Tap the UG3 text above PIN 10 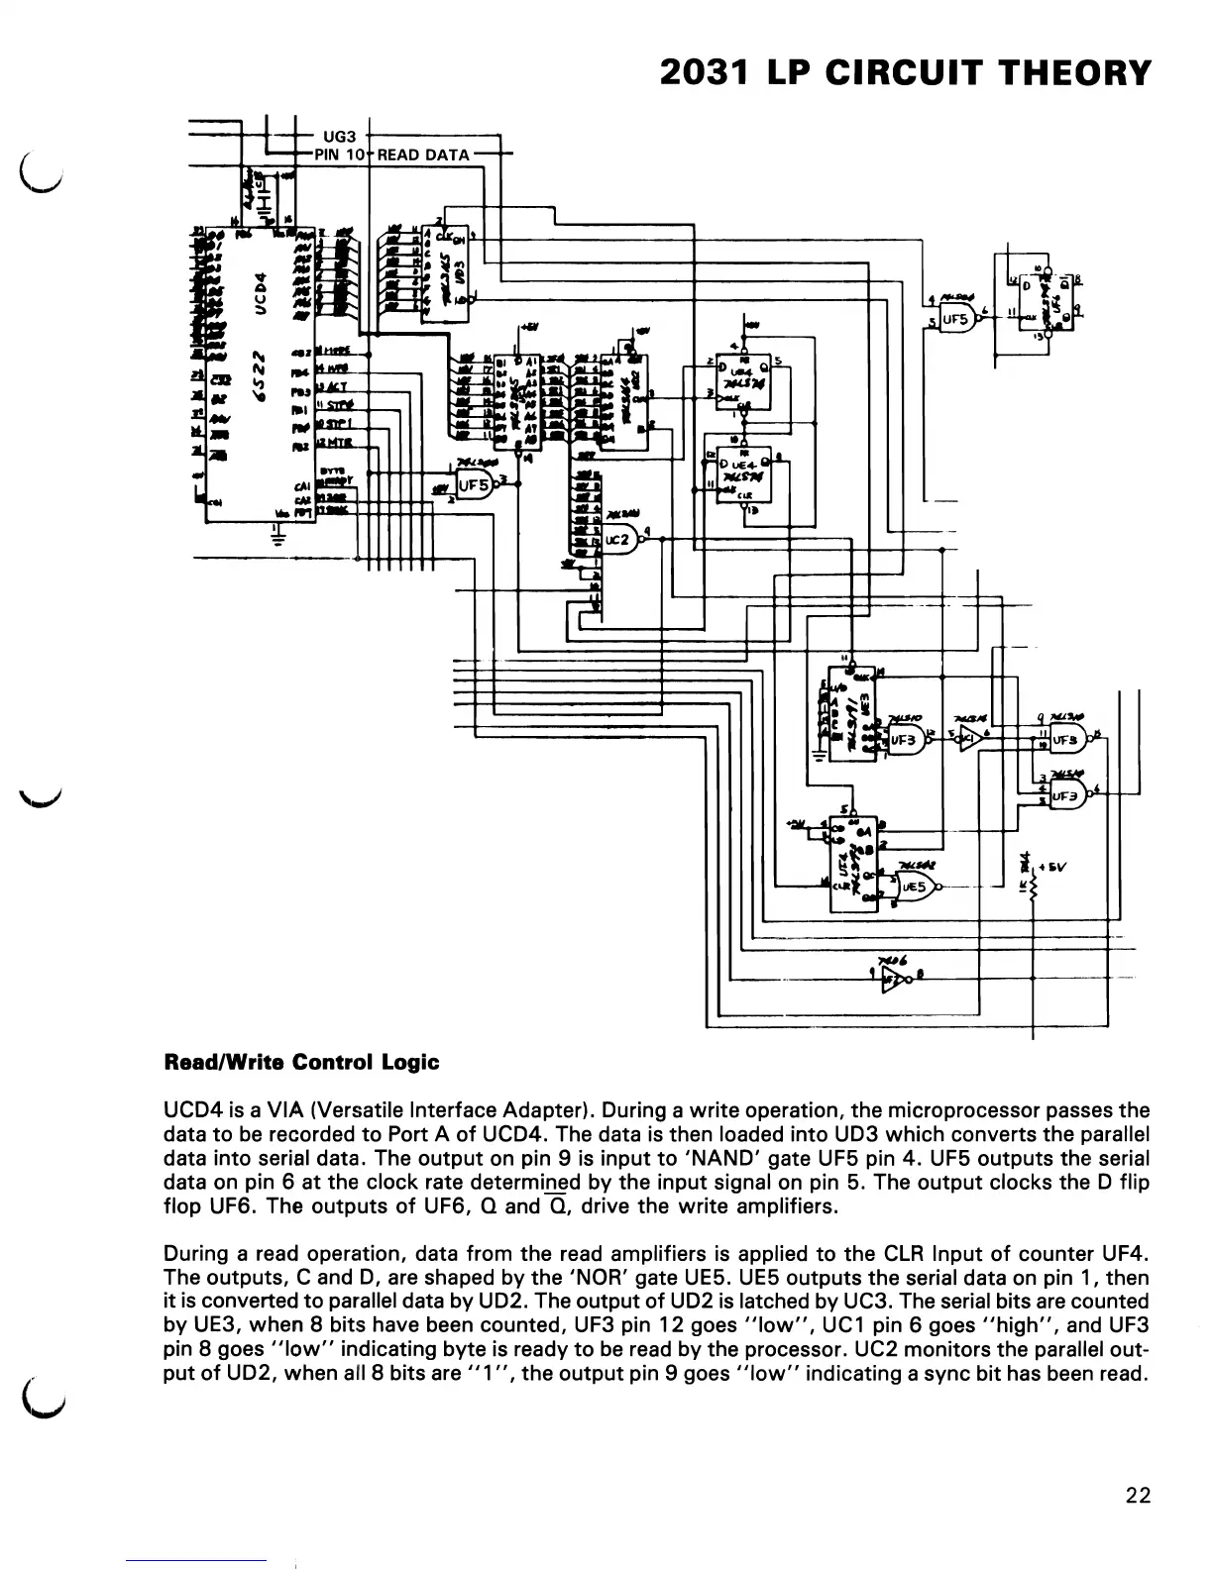(x=334, y=137)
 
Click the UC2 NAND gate (x=618, y=541)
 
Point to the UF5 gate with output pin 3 (x=475, y=484)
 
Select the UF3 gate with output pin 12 (x=903, y=739)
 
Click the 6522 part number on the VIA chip (x=260, y=374)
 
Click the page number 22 (x=1139, y=1495)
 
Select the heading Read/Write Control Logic (x=301, y=1062)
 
